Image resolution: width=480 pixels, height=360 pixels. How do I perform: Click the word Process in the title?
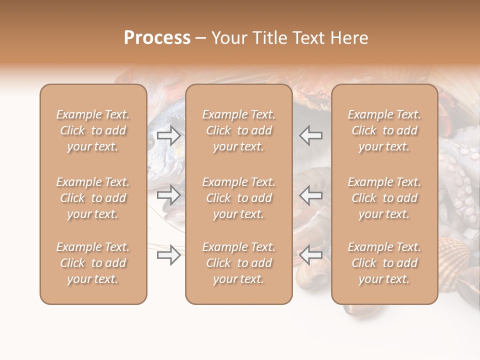(x=157, y=38)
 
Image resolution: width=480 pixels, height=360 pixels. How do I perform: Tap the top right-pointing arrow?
(x=168, y=135)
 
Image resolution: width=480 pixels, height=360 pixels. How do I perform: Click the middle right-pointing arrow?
(x=168, y=194)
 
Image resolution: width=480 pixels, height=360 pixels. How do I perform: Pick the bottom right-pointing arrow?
(x=168, y=255)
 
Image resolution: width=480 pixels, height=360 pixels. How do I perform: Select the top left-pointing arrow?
(x=310, y=135)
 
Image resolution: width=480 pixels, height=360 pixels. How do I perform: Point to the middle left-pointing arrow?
(x=310, y=194)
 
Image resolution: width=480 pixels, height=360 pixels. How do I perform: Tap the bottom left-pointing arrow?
(x=310, y=255)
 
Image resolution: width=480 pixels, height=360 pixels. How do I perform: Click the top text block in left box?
(x=93, y=130)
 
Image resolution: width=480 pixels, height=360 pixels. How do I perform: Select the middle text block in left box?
(x=93, y=198)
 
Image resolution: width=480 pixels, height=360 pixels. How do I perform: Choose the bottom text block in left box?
(x=93, y=263)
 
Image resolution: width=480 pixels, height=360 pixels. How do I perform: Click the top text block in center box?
(x=238, y=130)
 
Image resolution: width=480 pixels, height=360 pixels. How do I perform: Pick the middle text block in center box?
(x=238, y=198)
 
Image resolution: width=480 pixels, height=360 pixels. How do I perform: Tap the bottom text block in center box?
(x=238, y=263)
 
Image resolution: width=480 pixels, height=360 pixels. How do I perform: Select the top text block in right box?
(x=384, y=130)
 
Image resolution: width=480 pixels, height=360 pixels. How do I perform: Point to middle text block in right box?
(x=384, y=198)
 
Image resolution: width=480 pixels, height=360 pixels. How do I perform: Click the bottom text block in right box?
(x=384, y=263)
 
